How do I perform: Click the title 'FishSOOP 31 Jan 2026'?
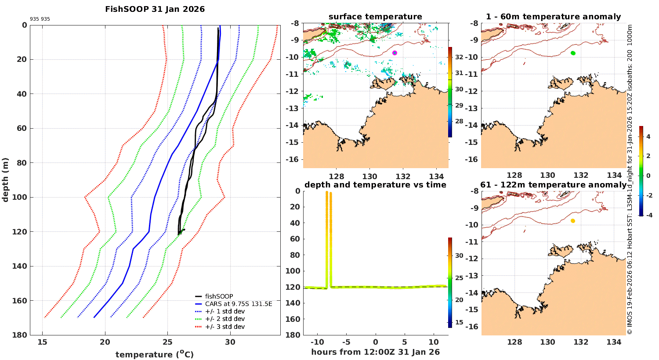point(155,9)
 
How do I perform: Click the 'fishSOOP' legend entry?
point(219,296)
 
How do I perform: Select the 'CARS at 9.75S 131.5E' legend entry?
point(239,304)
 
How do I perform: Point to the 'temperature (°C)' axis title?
point(154,354)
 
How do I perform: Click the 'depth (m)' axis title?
point(5,180)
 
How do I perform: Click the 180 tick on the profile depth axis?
point(21,335)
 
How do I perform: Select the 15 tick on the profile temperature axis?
point(42,342)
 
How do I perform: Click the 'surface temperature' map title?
point(375,17)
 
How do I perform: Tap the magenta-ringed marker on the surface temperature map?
point(395,53)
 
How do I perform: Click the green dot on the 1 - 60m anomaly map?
point(573,53)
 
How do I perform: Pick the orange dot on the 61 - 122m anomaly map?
point(573,221)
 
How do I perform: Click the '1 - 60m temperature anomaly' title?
point(553,17)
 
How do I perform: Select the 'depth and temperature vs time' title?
point(375,185)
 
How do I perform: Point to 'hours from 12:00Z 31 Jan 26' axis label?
point(375,352)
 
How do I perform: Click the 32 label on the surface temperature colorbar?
point(459,57)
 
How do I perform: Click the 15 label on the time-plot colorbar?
point(459,322)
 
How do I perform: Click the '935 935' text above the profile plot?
point(40,19)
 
